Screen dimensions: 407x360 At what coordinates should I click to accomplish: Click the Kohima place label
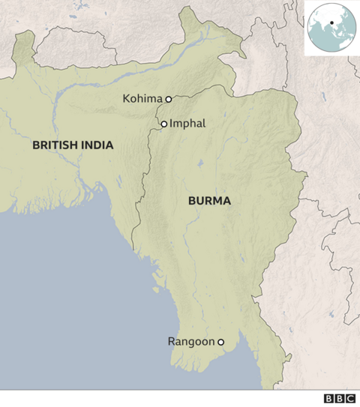coord(143,98)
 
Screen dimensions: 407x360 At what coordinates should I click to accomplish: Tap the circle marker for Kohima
coord(169,98)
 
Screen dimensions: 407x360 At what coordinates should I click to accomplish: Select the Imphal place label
coord(187,124)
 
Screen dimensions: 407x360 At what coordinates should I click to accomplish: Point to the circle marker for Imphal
coord(163,124)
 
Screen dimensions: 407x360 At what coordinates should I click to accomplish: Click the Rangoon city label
coord(191,343)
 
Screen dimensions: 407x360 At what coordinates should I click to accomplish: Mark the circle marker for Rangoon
coord(220,343)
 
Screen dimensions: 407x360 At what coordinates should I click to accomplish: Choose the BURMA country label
coord(208,201)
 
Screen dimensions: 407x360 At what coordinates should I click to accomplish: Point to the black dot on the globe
coord(331,22)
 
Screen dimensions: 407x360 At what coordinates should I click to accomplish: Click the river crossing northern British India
coord(90,83)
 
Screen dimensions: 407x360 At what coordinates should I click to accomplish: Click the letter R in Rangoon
coord(172,343)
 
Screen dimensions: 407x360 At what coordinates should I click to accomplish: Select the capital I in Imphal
coord(172,124)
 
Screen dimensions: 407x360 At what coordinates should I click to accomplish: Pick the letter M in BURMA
coord(218,201)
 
